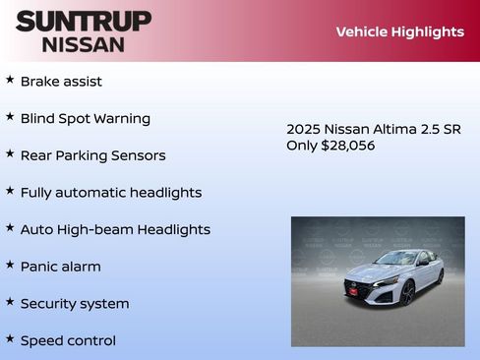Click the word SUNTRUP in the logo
[84, 21]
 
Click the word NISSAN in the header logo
[84, 43]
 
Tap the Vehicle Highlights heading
[399, 31]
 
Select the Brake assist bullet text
[61, 81]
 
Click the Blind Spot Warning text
[86, 118]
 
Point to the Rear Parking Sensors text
[92, 155]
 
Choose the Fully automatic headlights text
[111, 193]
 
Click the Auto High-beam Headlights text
[115, 229]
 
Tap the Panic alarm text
[61, 267]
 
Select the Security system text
[75, 304]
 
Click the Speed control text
[68, 340]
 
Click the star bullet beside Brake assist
[10, 79]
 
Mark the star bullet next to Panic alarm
[10, 265]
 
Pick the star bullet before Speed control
[10, 338]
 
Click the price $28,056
[348, 146]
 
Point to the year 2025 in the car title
[303, 129]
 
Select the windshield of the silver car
[397, 260]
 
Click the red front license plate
[351, 288]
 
